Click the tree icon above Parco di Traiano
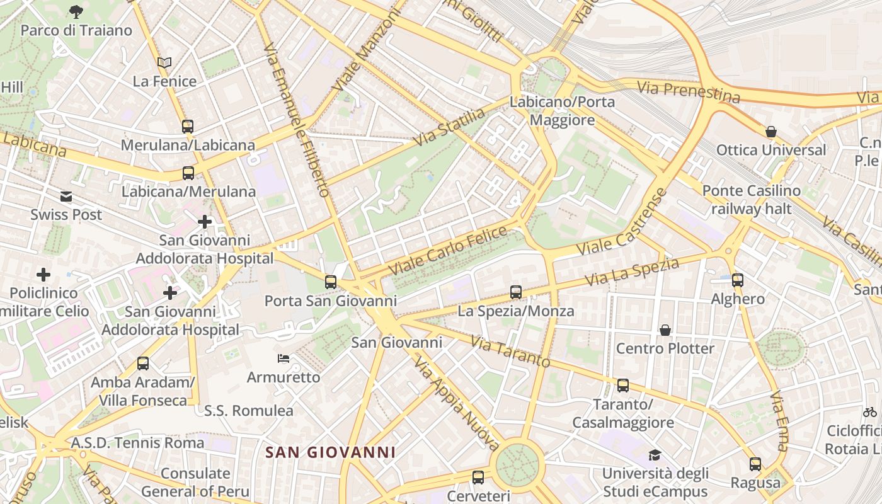tap(76, 11)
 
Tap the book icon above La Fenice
tap(164, 62)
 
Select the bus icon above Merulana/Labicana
tap(188, 126)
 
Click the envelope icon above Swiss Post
tap(66, 197)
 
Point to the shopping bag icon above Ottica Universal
tap(770, 132)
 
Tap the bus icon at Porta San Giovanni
tap(331, 282)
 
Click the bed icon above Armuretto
tap(283, 358)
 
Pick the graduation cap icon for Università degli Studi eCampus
tap(655, 455)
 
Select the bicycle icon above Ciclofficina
tap(870, 412)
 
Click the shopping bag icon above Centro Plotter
tap(665, 330)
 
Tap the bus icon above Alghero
tap(737, 280)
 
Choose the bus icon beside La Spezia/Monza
tap(516, 292)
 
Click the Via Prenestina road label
tap(688, 91)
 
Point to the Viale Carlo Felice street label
tap(447, 250)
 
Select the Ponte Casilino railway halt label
tap(751, 199)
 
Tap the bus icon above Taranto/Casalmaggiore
tap(623, 385)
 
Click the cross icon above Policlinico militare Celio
tap(43, 275)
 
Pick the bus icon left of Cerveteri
tap(478, 477)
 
